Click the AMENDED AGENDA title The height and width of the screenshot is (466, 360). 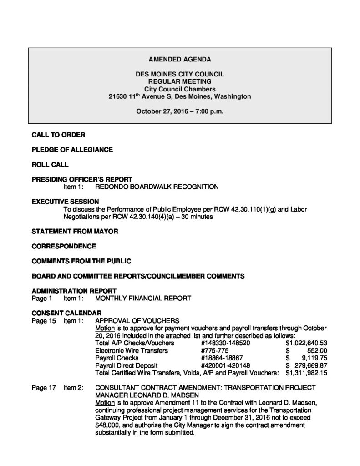pyautogui.click(x=180, y=60)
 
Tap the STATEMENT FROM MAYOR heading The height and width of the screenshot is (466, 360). pyautogui.click(x=75, y=232)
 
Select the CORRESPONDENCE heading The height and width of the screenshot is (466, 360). pyautogui.click(x=64, y=246)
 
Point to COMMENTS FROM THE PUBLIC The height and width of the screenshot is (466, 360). pyautogui.click(x=81, y=261)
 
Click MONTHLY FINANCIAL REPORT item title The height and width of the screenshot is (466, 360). pyautogui.click(x=142, y=299)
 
